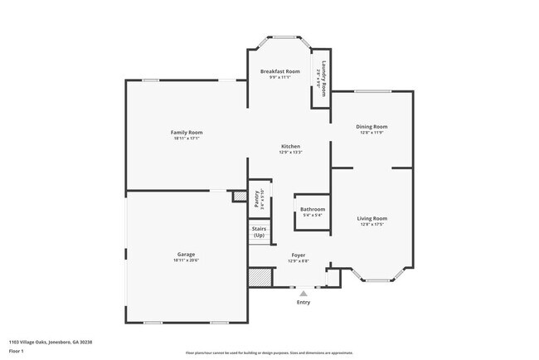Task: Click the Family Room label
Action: (x=187, y=133)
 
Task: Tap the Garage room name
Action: (x=187, y=254)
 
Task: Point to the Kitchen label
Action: (x=290, y=146)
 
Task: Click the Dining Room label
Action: (x=371, y=127)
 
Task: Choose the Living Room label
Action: (x=372, y=218)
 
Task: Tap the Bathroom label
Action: (x=313, y=210)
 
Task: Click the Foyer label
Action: (x=298, y=255)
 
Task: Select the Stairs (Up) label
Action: (x=259, y=232)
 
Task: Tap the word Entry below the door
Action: (x=303, y=302)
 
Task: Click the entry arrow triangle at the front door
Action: (x=303, y=293)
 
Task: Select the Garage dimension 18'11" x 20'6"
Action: (x=187, y=260)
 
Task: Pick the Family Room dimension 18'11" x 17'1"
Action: (x=187, y=139)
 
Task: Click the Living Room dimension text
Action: (x=372, y=224)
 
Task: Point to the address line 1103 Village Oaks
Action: (x=51, y=341)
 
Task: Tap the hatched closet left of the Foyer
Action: (x=261, y=277)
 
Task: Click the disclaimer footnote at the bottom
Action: (x=269, y=353)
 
